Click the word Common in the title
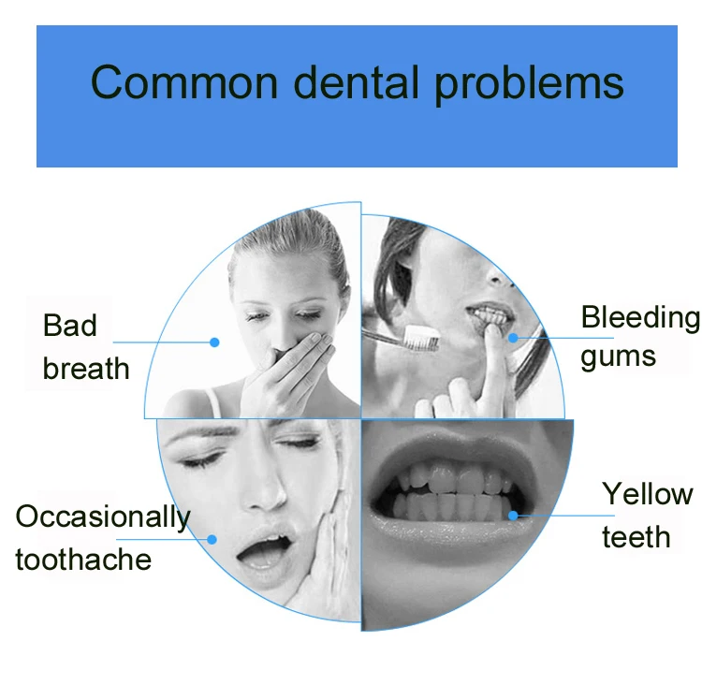tap(184, 82)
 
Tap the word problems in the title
tap(529, 85)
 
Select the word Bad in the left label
tap(69, 325)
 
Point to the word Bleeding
tap(640, 319)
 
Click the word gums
tap(619, 358)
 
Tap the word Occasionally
tap(103, 517)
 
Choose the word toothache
tap(83, 560)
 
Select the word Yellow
tap(648, 494)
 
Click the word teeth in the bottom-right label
tap(636, 536)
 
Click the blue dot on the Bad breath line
tap(214, 342)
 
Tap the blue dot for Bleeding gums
tap(514, 338)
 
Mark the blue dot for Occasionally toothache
tap(212, 539)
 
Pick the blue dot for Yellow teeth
tap(513, 516)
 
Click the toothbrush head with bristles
tap(421, 338)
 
